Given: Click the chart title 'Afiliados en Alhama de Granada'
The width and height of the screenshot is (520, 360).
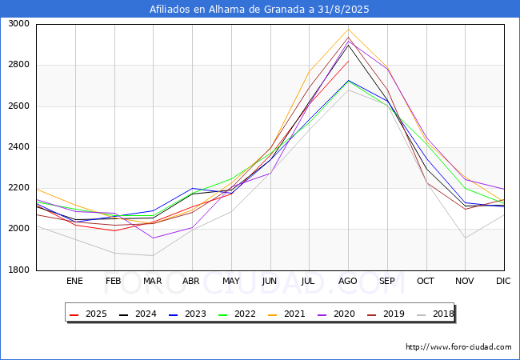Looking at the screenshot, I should click(259, 10).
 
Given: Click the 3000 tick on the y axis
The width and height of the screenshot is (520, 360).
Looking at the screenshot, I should click(19, 24).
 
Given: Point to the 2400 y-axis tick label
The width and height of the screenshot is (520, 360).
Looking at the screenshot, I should click(19, 147).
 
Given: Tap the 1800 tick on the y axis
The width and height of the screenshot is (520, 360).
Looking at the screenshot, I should click(19, 270).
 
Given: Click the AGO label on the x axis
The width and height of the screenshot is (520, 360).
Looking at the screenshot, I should click(348, 281).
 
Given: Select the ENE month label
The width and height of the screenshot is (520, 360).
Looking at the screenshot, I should click(74, 281).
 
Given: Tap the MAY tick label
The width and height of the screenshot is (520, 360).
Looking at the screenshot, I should click(230, 281).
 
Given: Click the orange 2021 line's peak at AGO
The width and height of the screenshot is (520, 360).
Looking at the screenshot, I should click(348, 30).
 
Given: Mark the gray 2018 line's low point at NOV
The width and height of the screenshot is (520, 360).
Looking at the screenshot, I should click(465, 238).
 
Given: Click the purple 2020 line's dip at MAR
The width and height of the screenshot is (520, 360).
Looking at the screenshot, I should click(153, 238).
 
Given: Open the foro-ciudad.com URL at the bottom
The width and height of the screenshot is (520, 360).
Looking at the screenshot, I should click(458, 347).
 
